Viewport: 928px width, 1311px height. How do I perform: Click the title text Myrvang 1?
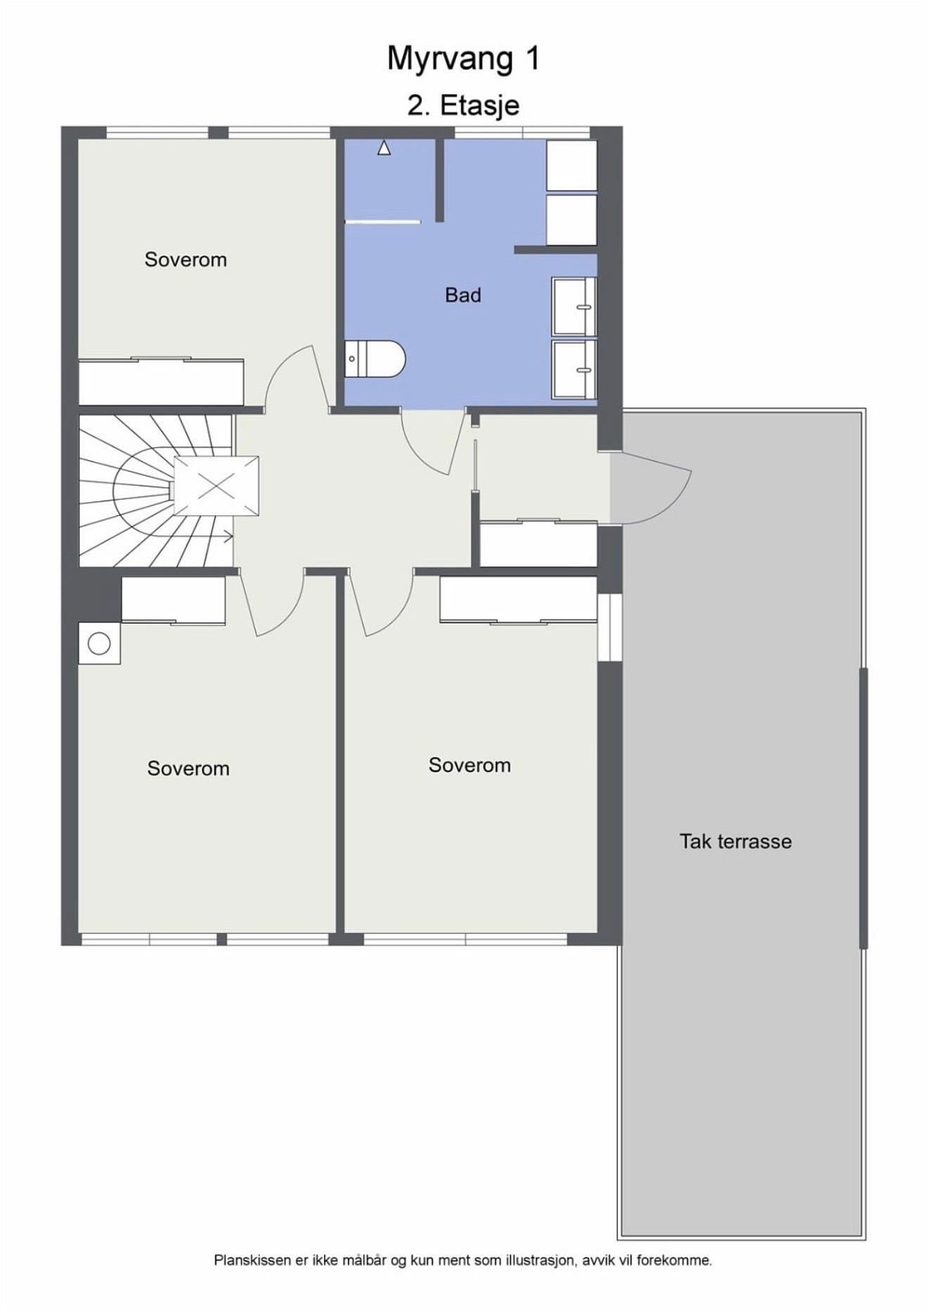tap(463, 59)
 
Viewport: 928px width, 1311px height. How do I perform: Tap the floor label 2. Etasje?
tap(463, 105)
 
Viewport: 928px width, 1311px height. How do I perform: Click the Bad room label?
tap(463, 295)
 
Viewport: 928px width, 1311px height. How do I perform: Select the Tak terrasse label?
tap(735, 841)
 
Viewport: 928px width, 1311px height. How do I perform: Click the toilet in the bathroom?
tap(375, 359)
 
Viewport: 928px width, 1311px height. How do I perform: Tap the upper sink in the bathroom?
tap(574, 306)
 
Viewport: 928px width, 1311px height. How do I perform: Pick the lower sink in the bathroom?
tap(574, 369)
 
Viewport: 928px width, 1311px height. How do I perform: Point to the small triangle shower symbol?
tap(384, 148)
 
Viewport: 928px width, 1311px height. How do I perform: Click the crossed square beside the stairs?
tap(217, 486)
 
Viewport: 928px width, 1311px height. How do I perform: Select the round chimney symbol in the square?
tap(99, 644)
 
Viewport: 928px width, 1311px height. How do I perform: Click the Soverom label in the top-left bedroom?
tap(186, 259)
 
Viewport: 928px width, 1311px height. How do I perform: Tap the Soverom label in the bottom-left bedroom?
tap(188, 768)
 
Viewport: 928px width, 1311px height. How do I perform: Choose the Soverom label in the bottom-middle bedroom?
tap(470, 765)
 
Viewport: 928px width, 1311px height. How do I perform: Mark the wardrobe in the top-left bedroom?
tap(161, 382)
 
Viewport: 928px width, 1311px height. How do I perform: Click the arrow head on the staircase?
tap(229, 538)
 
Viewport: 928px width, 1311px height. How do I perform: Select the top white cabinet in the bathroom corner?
tap(572, 165)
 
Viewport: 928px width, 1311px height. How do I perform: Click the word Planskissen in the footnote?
tap(252, 1260)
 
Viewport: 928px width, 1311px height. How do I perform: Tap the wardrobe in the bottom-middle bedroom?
tap(518, 600)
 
